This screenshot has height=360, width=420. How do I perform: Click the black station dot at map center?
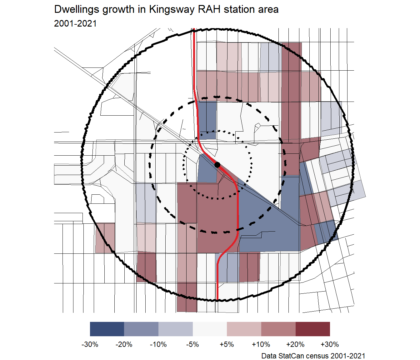(x=217, y=165)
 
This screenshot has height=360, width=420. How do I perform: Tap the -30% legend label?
(x=90, y=344)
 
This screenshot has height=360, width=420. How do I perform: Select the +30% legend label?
(x=330, y=344)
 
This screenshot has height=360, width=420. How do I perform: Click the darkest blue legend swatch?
(x=107, y=329)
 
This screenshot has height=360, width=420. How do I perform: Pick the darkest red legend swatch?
(x=312, y=329)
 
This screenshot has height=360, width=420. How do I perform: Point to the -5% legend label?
(x=192, y=344)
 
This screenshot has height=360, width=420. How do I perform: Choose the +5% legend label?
(x=227, y=344)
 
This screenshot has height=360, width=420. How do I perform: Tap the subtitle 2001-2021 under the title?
(x=75, y=24)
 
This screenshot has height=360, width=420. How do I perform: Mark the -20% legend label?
(x=124, y=344)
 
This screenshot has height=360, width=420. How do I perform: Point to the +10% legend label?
(x=261, y=344)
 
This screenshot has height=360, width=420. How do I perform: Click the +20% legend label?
(x=295, y=344)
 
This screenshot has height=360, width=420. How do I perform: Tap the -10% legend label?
(x=158, y=344)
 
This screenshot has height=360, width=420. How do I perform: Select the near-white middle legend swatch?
(x=210, y=329)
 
